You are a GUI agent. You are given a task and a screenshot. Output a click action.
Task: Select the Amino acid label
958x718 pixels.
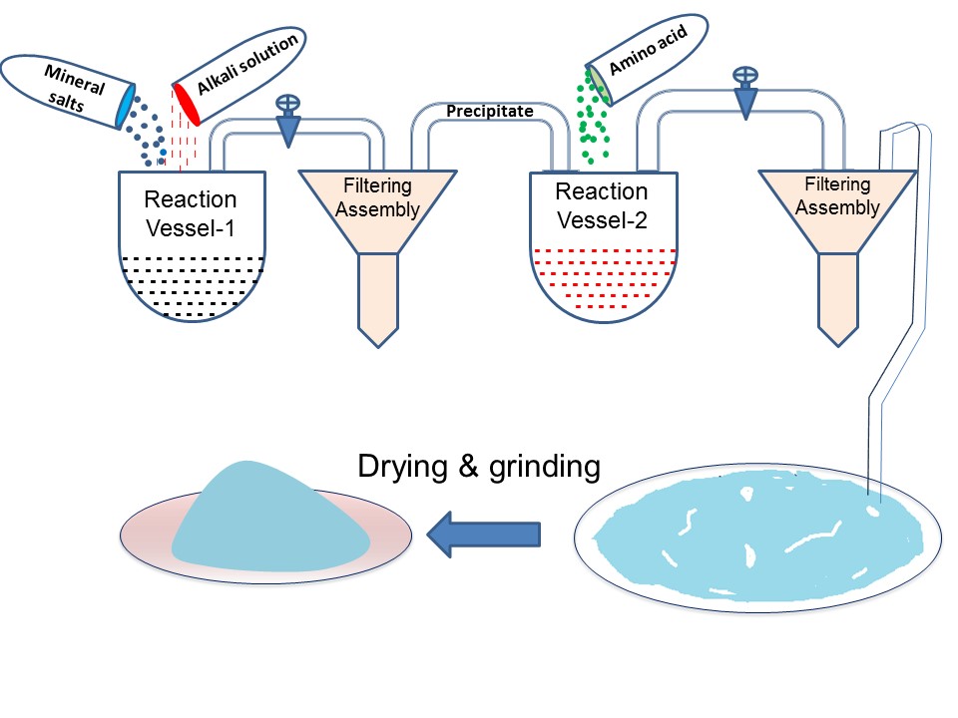click(649, 49)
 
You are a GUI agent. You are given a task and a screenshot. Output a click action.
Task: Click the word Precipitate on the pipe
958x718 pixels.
click(489, 111)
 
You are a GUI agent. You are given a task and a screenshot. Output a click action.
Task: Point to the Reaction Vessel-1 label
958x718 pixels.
click(190, 213)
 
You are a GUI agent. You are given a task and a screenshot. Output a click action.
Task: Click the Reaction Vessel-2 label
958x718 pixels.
click(601, 205)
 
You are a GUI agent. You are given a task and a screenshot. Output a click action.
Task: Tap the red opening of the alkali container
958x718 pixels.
click(186, 104)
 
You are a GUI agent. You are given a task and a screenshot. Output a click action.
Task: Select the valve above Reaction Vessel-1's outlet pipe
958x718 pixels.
click(287, 121)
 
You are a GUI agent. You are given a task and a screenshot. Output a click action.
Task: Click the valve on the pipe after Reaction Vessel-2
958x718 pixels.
click(745, 93)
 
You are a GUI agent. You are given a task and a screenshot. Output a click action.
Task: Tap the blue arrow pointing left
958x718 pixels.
click(483, 535)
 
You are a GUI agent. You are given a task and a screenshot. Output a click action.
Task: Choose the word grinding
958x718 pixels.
click(545, 468)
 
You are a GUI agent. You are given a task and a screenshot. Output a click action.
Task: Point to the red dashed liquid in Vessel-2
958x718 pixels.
click(604, 278)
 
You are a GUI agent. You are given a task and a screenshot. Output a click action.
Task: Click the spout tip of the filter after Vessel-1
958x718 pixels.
click(378, 346)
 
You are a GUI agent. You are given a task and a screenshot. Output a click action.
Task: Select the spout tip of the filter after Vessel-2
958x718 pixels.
click(838, 345)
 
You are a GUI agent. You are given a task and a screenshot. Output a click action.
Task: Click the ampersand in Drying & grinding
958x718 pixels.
click(468, 467)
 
